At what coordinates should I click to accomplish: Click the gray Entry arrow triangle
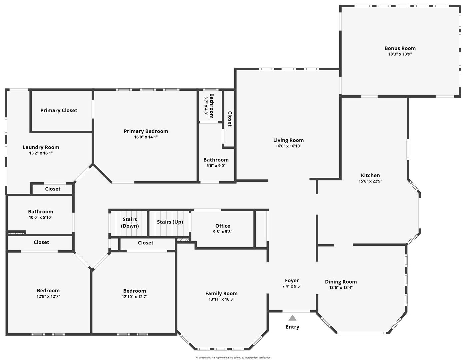pyautogui.click(x=292, y=318)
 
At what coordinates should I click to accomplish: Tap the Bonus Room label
pyautogui.click(x=400, y=48)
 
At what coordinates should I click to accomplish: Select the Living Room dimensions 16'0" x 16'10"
pyautogui.click(x=288, y=146)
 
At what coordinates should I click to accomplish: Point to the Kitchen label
pyautogui.click(x=370, y=175)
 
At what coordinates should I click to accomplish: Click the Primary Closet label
pyautogui.click(x=59, y=110)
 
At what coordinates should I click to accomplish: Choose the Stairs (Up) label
pyautogui.click(x=170, y=222)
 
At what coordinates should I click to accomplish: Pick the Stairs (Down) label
pyautogui.click(x=130, y=223)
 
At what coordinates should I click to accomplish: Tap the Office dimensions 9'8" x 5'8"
pyautogui.click(x=223, y=232)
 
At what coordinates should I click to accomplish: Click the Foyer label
pyautogui.click(x=292, y=280)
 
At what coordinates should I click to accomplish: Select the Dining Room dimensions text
pyautogui.click(x=341, y=288)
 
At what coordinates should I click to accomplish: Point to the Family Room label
pyautogui.click(x=221, y=293)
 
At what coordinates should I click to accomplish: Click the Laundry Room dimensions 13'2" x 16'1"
pyautogui.click(x=41, y=153)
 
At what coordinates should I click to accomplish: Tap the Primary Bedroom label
pyautogui.click(x=146, y=131)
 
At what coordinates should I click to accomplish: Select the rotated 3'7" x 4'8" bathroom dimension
pyautogui.click(x=206, y=106)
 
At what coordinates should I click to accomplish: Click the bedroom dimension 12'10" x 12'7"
pyautogui.click(x=134, y=297)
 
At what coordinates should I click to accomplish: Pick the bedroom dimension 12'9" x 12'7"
pyautogui.click(x=48, y=296)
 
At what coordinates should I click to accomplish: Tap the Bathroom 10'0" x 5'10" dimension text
pyautogui.click(x=41, y=217)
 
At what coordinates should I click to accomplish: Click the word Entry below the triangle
pyautogui.click(x=292, y=327)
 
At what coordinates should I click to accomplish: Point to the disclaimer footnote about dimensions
pyautogui.click(x=233, y=357)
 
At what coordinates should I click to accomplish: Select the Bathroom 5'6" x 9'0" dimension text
pyautogui.click(x=216, y=166)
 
